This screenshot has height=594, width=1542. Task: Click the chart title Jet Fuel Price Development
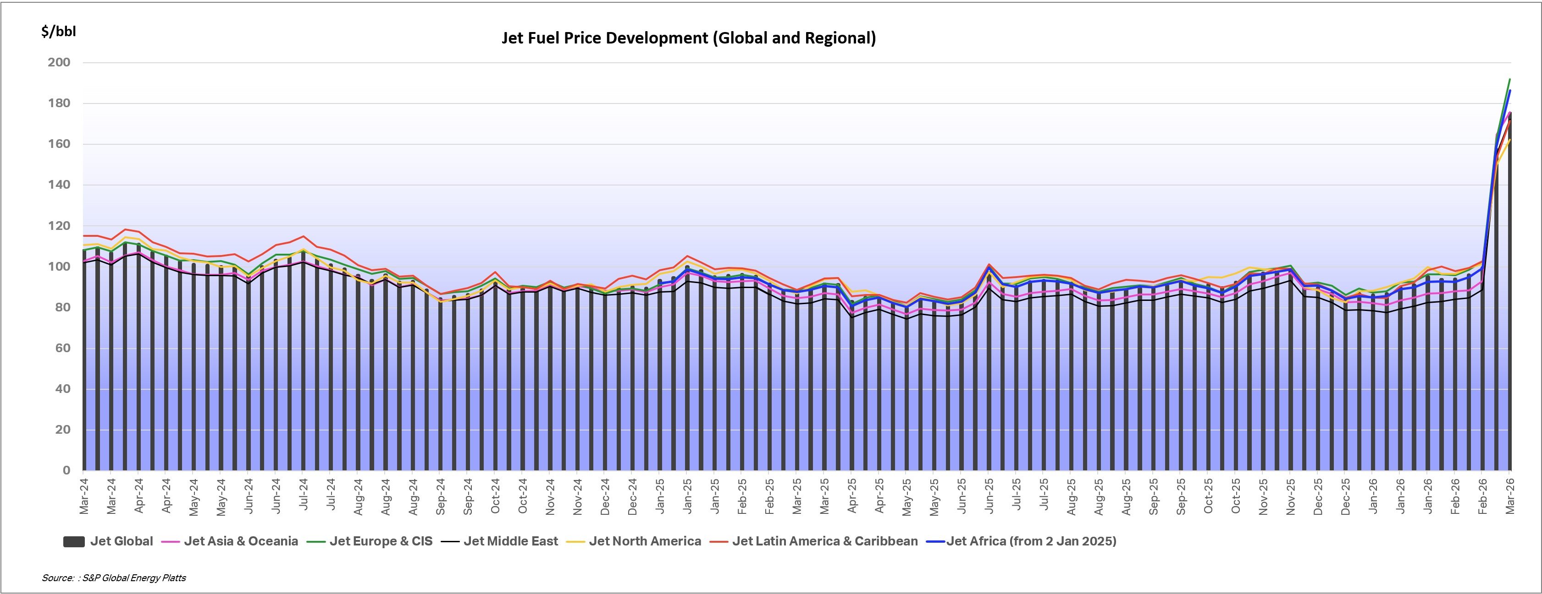click(x=688, y=38)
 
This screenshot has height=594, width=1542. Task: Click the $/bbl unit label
click(x=58, y=31)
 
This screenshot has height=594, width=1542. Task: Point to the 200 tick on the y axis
click(x=59, y=62)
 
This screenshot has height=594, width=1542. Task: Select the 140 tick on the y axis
click(x=59, y=185)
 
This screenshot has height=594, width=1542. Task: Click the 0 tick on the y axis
click(x=66, y=471)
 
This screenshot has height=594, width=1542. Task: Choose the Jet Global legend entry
click(x=108, y=541)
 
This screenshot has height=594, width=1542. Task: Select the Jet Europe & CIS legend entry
click(x=370, y=541)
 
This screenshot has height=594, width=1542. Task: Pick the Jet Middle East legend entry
click(x=499, y=541)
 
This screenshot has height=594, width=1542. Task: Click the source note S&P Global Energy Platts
click(x=114, y=578)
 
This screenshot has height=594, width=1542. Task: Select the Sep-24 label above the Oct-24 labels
click(x=468, y=496)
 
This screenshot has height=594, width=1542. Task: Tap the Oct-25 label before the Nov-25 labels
click(x=1236, y=496)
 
